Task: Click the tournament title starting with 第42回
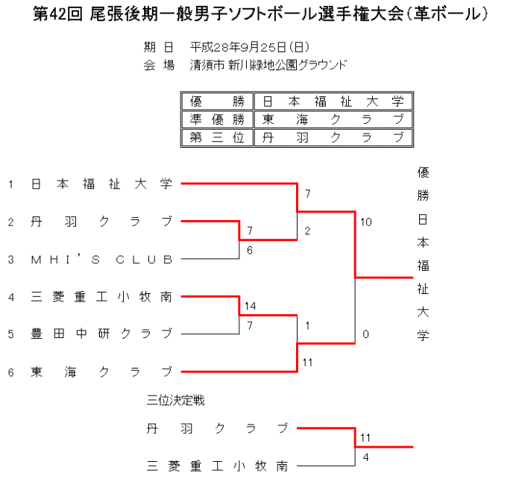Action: point(261,14)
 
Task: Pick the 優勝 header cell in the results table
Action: point(217,101)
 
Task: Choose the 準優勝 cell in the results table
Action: point(217,119)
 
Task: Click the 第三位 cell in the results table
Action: point(217,137)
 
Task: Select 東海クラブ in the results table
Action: point(332,119)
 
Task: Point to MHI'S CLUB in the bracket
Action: point(102,260)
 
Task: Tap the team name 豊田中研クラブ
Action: point(102,333)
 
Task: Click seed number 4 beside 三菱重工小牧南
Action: point(11,297)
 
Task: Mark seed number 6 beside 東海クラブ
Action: point(11,371)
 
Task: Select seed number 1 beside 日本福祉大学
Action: point(11,184)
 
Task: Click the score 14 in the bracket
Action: point(250,307)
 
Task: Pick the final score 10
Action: point(365,222)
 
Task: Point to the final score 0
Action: point(365,334)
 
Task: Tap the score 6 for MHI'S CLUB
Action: point(250,250)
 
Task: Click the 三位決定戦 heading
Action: point(175,401)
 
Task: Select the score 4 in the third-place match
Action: point(365,457)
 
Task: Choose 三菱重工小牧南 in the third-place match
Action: point(218,466)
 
